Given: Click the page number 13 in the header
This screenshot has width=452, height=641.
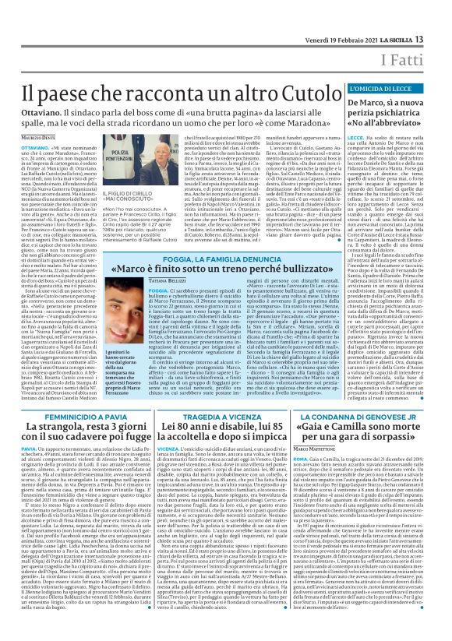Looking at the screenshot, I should coord(441,17).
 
